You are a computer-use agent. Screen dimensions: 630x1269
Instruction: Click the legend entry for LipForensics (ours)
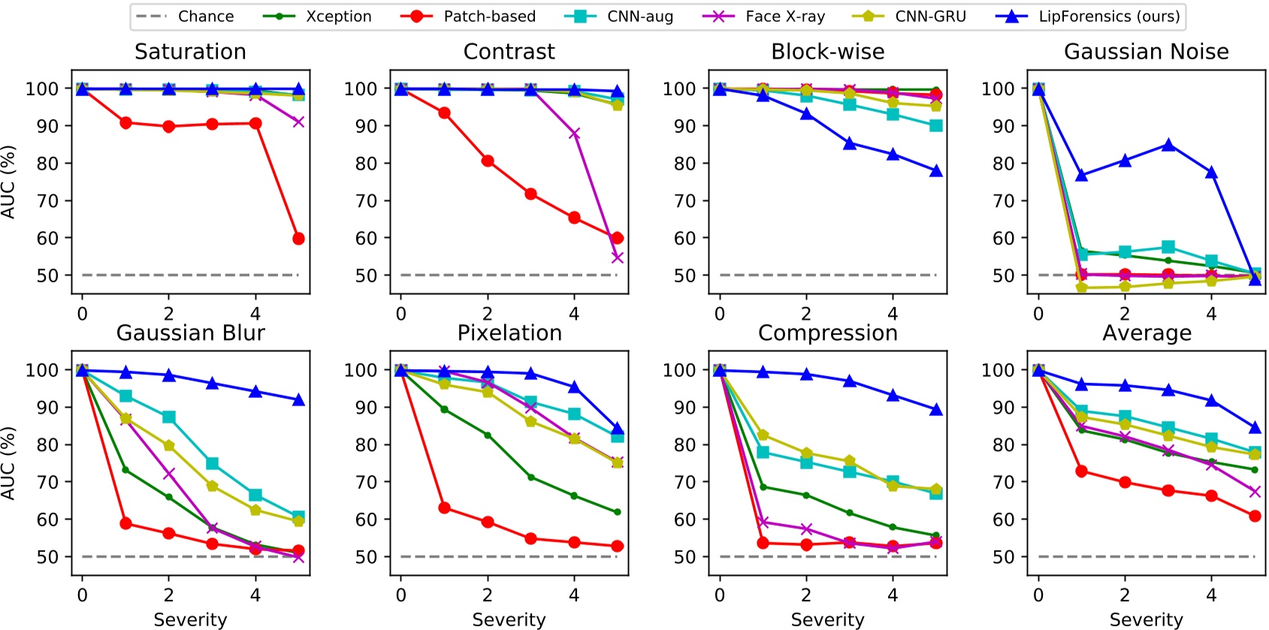pyautogui.click(x=1108, y=17)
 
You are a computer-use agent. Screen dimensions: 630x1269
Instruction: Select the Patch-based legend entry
pyautogui.click(x=489, y=17)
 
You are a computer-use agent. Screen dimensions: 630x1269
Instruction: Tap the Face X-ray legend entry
pyautogui.click(x=784, y=17)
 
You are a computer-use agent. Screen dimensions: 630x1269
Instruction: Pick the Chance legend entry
pyautogui.click(x=205, y=17)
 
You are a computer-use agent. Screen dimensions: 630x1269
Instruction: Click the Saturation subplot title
pyautogui.click(x=190, y=52)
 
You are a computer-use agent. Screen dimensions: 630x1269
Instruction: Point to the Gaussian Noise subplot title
pyautogui.click(x=1146, y=52)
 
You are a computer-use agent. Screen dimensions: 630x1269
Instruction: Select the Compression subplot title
pyautogui.click(x=827, y=333)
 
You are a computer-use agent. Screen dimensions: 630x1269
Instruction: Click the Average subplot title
pyautogui.click(x=1146, y=333)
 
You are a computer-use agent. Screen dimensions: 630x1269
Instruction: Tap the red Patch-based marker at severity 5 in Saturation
pyautogui.click(x=298, y=239)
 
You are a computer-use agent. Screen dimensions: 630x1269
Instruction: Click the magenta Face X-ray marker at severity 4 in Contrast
pyautogui.click(x=574, y=134)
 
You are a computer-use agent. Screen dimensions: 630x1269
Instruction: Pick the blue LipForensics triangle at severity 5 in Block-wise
pyautogui.click(x=935, y=171)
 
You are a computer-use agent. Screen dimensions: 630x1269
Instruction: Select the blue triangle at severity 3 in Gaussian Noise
pyautogui.click(x=1168, y=145)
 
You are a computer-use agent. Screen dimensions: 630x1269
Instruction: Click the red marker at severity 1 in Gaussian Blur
pyautogui.click(x=125, y=523)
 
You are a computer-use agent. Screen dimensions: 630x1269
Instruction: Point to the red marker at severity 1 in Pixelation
pyautogui.click(x=444, y=508)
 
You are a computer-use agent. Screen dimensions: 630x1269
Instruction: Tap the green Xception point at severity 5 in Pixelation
pyautogui.click(x=617, y=512)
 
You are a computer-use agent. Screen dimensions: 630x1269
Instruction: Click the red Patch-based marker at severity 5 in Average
pyautogui.click(x=1254, y=516)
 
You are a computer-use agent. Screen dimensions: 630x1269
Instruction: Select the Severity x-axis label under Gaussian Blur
pyautogui.click(x=190, y=619)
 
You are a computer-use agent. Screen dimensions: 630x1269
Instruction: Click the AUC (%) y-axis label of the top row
pyautogui.click(x=8, y=182)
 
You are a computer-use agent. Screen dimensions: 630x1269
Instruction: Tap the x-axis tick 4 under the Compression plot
pyautogui.click(x=892, y=595)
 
